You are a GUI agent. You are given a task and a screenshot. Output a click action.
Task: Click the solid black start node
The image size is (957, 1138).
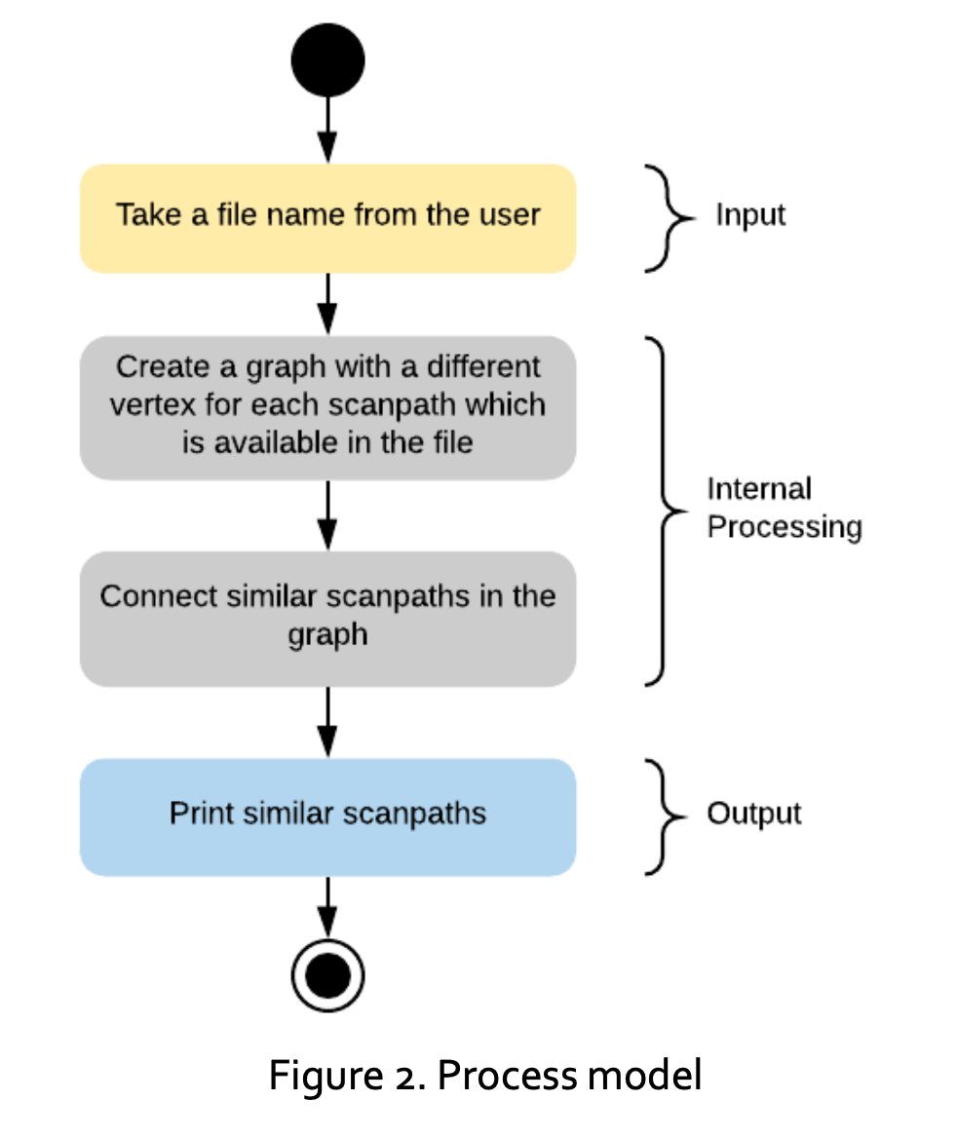coord(327,60)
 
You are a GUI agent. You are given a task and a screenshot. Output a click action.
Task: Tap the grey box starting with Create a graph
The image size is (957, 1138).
coord(327,406)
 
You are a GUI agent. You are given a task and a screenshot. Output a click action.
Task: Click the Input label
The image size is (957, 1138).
coord(750,215)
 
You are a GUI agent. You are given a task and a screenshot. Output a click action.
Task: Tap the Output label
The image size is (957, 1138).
coord(753,814)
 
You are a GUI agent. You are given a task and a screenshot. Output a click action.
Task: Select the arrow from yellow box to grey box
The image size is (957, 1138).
coord(327,303)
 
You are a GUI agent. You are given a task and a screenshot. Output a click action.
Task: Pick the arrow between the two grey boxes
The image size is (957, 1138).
coord(327,514)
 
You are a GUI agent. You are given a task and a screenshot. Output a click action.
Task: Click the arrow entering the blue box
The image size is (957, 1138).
coord(327,721)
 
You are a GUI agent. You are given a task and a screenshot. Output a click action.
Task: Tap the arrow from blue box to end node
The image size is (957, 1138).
coord(327,906)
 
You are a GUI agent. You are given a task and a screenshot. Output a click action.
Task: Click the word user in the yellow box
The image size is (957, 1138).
coord(509,214)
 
